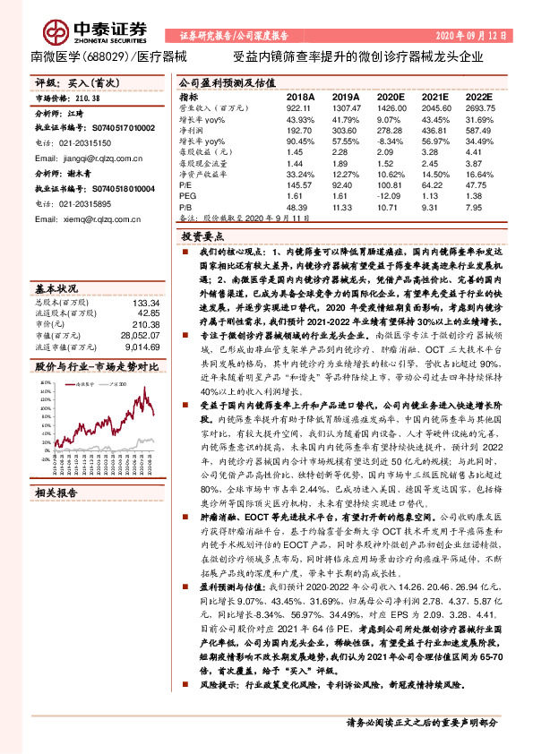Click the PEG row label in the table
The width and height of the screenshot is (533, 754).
coord(186,193)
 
